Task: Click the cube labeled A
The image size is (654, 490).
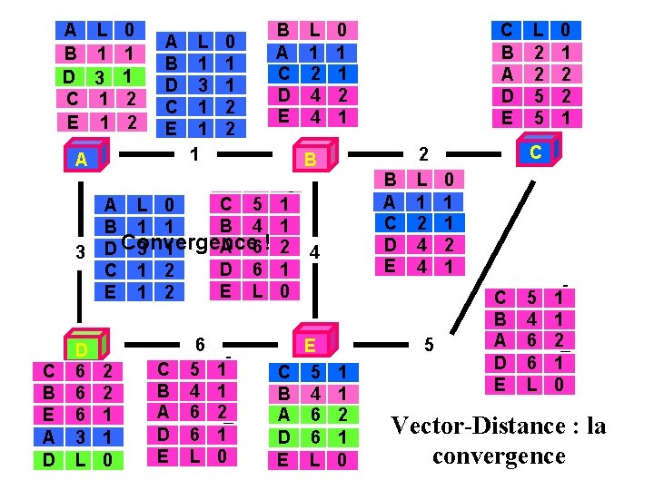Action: [x=83, y=159]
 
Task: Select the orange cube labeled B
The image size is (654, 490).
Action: [x=311, y=159]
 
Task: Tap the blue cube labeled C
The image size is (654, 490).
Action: [x=536, y=152]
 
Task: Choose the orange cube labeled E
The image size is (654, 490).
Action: [x=311, y=345]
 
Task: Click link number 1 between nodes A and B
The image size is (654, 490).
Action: [x=193, y=155]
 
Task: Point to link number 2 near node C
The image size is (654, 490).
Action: [x=421, y=155]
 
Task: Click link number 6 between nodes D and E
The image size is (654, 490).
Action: [x=199, y=344]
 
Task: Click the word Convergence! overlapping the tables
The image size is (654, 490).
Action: [x=194, y=243]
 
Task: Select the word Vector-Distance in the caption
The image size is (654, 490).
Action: [x=471, y=426]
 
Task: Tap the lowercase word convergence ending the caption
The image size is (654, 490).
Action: [x=498, y=455]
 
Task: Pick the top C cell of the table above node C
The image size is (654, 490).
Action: [x=507, y=30]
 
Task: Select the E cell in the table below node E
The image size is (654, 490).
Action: [x=283, y=460]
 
